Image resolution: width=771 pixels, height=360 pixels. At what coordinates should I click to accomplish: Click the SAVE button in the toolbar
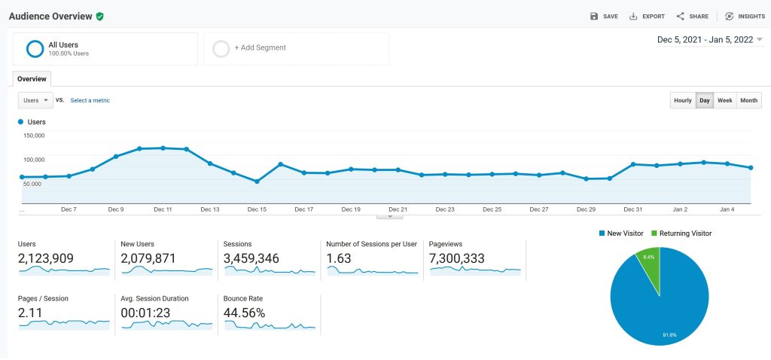[605, 16]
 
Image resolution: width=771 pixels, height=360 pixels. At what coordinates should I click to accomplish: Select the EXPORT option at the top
[647, 16]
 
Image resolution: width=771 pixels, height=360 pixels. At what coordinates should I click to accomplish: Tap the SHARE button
[692, 16]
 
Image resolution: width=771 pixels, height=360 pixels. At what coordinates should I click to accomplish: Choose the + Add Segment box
[296, 48]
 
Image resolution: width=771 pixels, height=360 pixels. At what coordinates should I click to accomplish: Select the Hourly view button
[682, 100]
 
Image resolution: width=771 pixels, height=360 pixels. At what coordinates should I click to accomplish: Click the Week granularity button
[724, 100]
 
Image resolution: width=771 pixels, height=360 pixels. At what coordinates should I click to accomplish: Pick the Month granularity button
[748, 100]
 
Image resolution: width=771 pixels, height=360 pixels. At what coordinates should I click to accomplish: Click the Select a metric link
[90, 100]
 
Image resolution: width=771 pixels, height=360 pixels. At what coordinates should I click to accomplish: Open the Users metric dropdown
[35, 100]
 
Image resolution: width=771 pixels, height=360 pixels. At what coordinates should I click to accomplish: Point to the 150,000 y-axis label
[35, 136]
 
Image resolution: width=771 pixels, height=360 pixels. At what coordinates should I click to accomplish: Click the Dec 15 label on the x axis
[257, 209]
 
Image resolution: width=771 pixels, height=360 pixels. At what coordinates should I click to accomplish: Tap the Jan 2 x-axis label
[680, 209]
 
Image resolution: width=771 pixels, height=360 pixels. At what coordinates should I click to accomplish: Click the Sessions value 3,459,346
[251, 258]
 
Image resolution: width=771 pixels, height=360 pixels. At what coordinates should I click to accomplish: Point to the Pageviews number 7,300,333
[456, 258]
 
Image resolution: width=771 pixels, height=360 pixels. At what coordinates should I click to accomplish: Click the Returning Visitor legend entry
[681, 233]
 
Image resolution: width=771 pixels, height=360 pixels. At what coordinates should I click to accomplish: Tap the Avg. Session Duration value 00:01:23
[146, 313]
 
